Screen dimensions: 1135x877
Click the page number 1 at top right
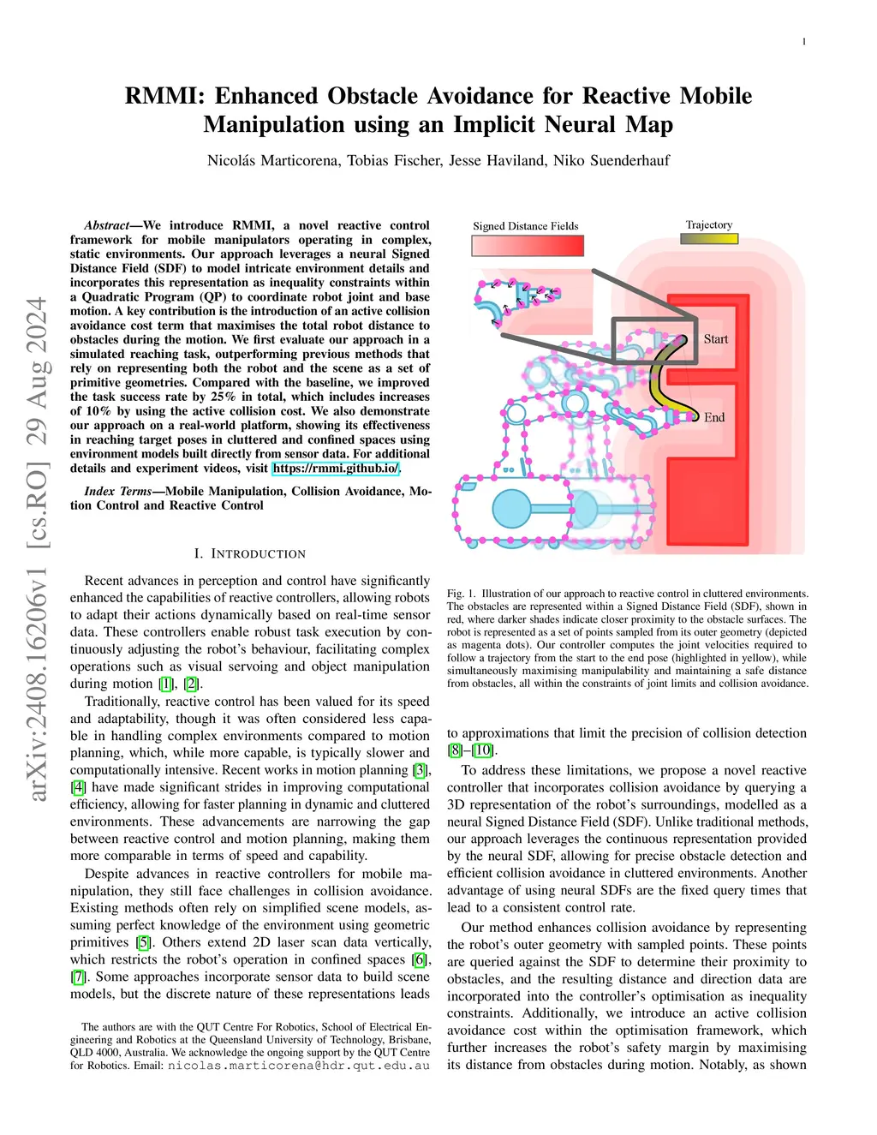(804, 42)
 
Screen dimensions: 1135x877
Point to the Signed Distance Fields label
(525, 226)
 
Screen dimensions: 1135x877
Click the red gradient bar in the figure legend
(528, 246)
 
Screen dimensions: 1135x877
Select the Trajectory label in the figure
(709, 224)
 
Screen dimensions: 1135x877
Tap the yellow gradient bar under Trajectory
(709, 239)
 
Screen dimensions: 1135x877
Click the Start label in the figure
(716, 339)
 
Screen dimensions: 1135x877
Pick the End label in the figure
(714, 417)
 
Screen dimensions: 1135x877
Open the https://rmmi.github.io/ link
(336, 469)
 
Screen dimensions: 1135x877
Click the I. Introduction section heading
(250, 554)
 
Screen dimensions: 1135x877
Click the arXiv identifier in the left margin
(37, 548)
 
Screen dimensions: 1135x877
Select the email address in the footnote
(298, 1066)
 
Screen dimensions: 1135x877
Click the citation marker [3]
(421, 770)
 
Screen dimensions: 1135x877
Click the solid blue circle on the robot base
(512, 509)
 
